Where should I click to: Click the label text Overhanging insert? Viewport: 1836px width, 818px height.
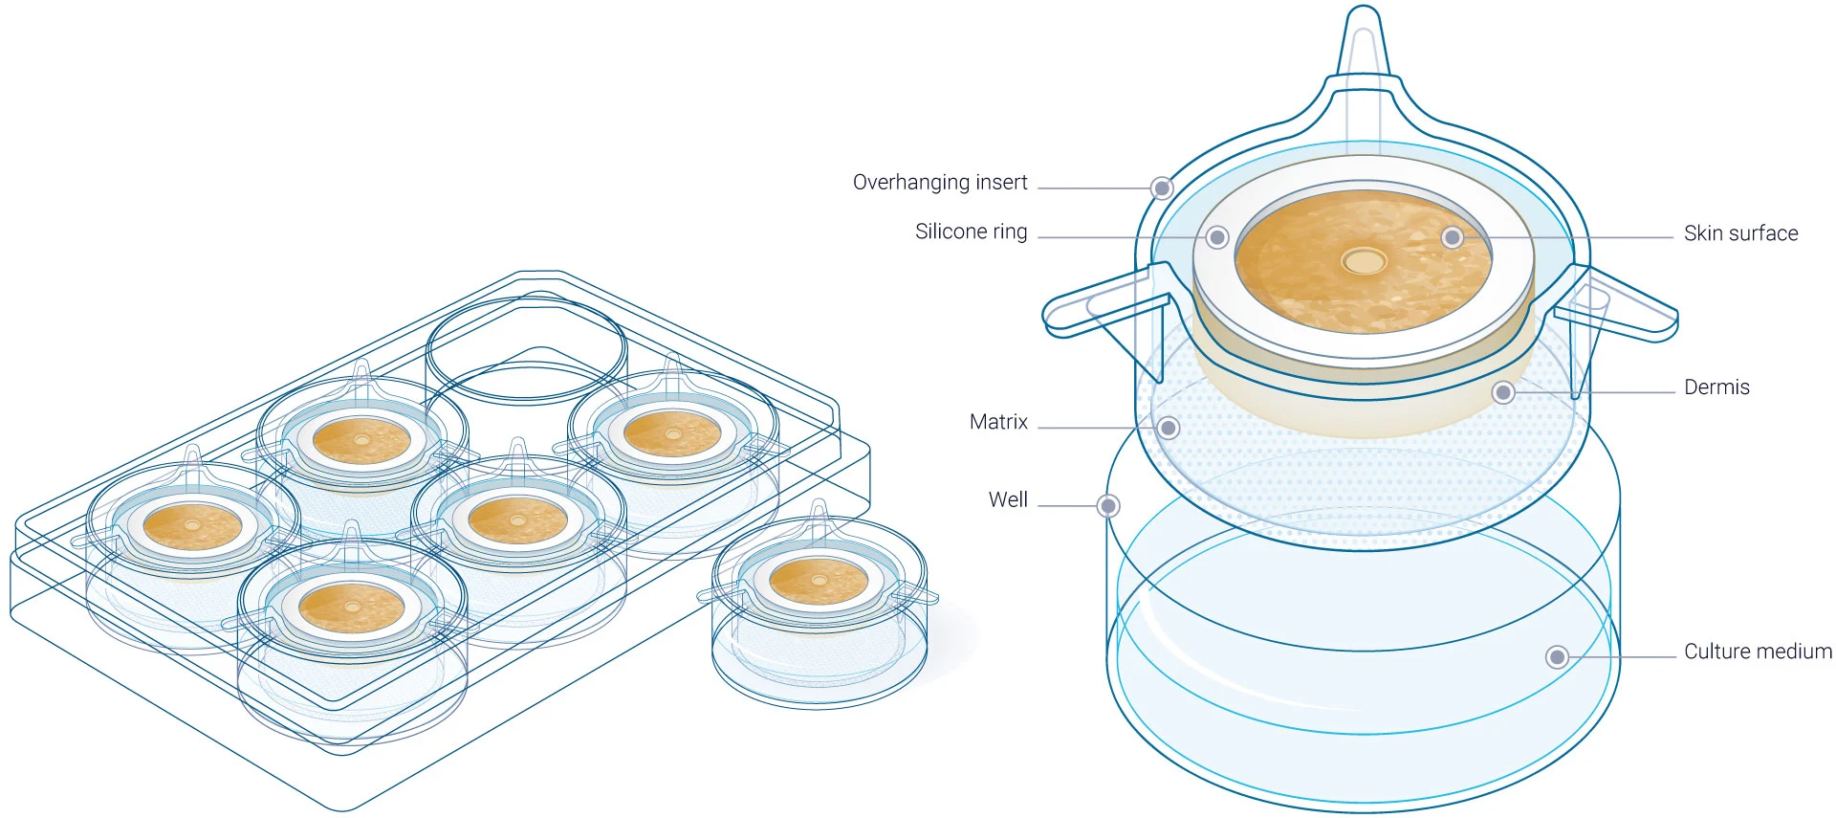(939, 183)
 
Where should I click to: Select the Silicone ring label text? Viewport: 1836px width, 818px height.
(971, 232)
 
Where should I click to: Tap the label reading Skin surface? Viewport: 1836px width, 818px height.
(1740, 233)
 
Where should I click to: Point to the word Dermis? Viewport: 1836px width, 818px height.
(1716, 387)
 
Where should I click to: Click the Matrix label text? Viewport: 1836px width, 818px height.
(998, 422)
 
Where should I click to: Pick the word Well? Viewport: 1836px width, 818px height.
(1008, 499)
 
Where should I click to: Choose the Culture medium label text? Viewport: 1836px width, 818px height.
(1758, 652)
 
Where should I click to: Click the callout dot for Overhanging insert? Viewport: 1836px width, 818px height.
(1162, 188)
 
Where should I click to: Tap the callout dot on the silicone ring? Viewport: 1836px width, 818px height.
(1217, 237)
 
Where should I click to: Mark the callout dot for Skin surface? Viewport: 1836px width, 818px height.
(1453, 237)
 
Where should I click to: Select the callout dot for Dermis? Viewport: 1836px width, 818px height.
(1503, 392)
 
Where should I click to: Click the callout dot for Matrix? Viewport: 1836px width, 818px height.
(1168, 428)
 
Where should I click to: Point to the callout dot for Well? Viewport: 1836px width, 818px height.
(1108, 505)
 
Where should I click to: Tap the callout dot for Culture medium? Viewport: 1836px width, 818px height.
(1557, 657)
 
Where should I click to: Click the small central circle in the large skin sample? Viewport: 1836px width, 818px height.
(1364, 260)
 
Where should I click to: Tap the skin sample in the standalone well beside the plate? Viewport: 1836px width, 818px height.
(819, 580)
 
